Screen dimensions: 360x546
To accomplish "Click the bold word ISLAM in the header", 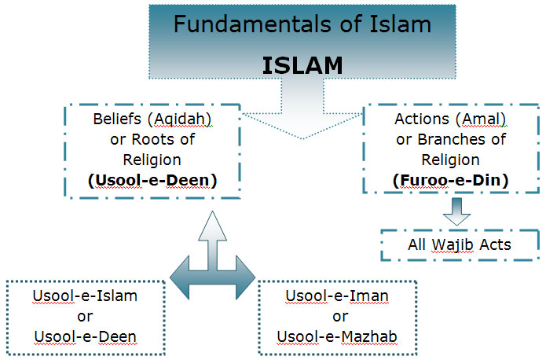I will (302, 65).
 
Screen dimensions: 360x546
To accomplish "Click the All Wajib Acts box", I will (460, 245).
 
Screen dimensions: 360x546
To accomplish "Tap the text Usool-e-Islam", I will (85, 297).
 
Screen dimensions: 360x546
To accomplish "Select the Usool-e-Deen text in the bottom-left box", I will (85, 337).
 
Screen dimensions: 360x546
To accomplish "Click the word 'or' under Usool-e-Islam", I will (85, 317).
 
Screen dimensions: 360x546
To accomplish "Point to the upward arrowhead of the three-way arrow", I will (212, 228).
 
